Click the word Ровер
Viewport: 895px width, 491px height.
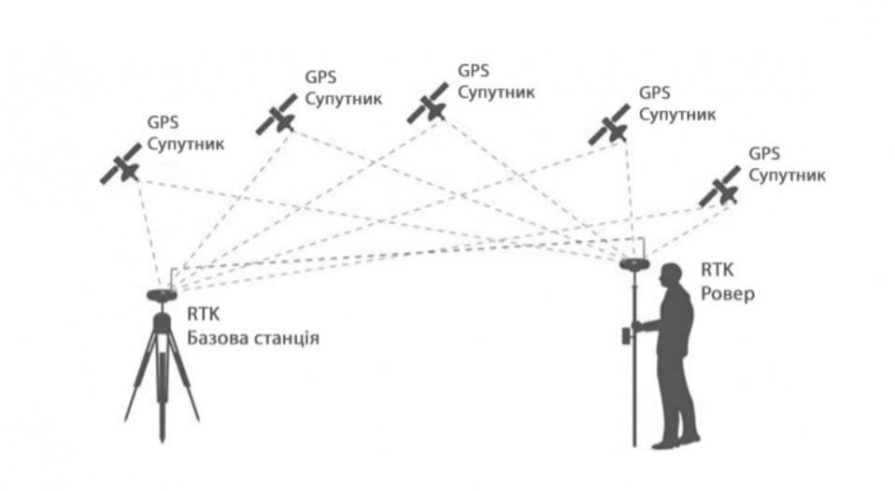727,292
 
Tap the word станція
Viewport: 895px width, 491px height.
287,338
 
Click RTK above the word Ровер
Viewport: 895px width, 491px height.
717,271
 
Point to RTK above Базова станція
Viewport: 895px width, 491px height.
203,316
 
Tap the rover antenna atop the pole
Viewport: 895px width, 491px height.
635,264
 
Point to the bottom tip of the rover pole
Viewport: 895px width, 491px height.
635,447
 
